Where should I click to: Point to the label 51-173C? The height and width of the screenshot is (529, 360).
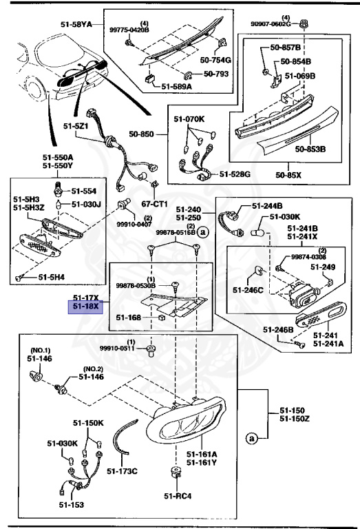coord(123,471)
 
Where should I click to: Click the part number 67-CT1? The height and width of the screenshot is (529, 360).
coord(156,204)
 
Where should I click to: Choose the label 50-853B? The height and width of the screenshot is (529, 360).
coord(310,148)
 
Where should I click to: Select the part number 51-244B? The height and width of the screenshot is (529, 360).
coord(267,205)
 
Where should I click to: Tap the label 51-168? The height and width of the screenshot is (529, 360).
coord(129,318)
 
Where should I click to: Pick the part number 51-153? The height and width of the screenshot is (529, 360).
coord(70,505)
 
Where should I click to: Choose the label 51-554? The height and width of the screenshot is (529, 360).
coord(85,190)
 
